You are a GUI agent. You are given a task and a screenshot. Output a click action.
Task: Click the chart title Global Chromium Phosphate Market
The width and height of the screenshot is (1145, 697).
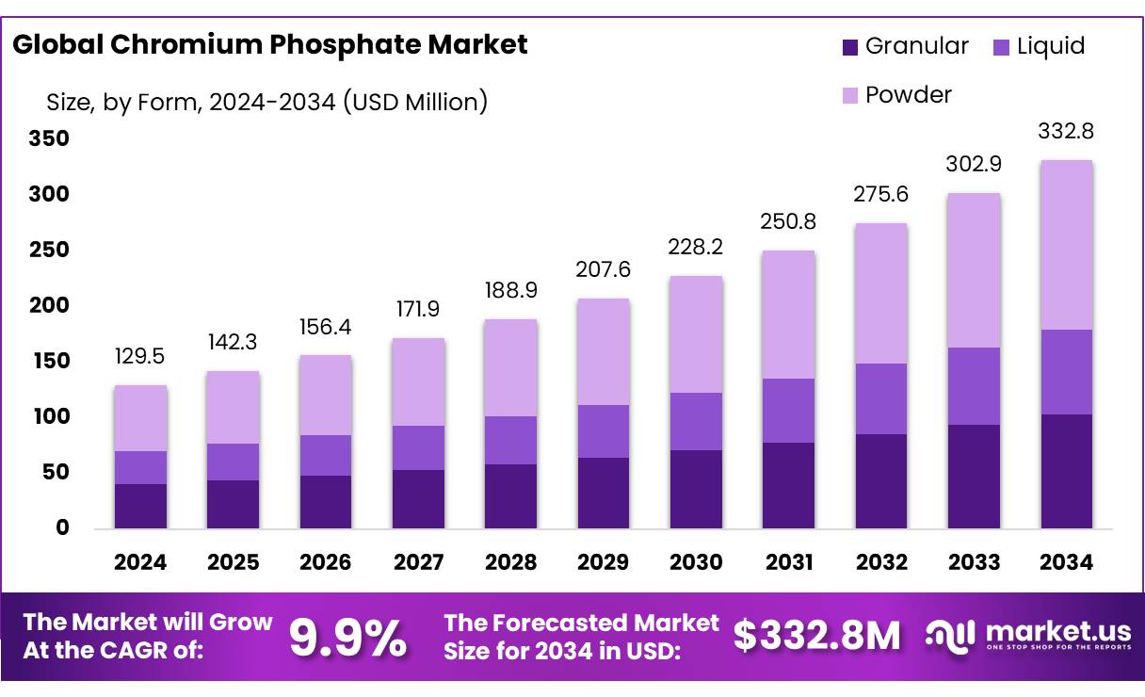[x=269, y=44]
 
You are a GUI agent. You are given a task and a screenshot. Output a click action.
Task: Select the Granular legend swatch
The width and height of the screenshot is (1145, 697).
[x=850, y=46]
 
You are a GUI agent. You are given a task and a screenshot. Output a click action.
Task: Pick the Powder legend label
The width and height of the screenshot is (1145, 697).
[x=908, y=94]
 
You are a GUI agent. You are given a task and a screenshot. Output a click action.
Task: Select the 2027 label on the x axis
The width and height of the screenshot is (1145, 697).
[x=418, y=562]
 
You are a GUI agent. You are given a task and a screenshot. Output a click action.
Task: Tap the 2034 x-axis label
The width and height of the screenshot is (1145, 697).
[x=1067, y=562]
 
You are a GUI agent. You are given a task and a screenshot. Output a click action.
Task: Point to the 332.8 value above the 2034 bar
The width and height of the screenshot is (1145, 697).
[x=1067, y=131]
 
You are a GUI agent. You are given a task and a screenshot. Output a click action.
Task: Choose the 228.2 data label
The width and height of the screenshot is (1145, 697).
[x=696, y=246]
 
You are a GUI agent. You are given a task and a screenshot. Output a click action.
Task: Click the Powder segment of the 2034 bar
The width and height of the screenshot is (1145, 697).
[x=1067, y=245]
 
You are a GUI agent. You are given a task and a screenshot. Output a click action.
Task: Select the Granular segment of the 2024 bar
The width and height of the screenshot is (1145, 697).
[x=141, y=506]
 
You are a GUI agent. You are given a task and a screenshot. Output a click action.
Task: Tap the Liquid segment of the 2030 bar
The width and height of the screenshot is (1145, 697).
[x=696, y=421]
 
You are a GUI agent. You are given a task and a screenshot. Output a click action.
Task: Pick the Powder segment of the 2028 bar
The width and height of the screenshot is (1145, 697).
[x=510, y=367]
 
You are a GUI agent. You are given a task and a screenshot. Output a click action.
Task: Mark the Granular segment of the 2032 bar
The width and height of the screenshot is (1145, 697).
[x=881, y=481]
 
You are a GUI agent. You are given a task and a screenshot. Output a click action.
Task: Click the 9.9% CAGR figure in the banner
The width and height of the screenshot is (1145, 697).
[x=347, y=637]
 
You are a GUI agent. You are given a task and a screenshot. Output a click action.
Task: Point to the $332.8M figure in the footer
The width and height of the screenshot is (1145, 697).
[x=816, y=636]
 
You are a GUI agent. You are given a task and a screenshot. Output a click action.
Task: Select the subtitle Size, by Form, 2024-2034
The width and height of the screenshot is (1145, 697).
[x=266, y=102]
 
